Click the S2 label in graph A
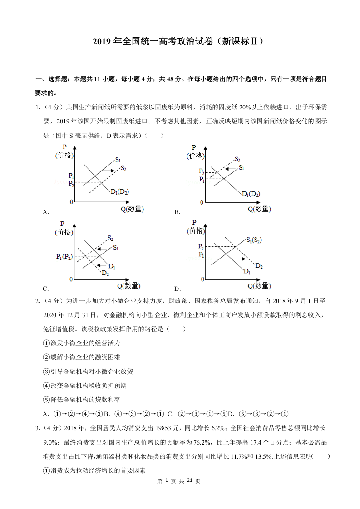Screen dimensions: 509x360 [x=123, y=169]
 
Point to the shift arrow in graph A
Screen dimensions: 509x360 [x=108, y=171]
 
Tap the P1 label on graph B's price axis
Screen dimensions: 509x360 [x=201, y=180]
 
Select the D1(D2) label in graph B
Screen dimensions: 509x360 [x=251, y=194]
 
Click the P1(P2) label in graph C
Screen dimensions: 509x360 [x=64, y=257]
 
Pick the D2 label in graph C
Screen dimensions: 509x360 [x=105, y=273]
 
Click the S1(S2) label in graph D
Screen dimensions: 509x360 [x=254, y=240]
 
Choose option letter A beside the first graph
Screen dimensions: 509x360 [x=45, y=212]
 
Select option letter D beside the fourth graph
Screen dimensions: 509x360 [x=178, y=289]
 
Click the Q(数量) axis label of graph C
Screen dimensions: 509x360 [x=129, y=286]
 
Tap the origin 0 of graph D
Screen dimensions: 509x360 [x=202, y=279]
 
